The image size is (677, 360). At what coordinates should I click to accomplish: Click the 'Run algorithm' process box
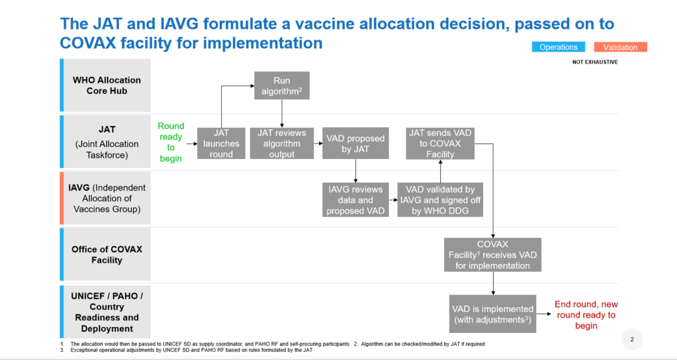281,85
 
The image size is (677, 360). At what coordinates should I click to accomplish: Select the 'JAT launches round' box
221,144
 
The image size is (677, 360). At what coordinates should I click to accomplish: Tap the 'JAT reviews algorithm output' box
281,144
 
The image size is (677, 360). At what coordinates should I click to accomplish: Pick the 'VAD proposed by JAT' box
355,144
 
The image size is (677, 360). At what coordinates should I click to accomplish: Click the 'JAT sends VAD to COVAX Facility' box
440,144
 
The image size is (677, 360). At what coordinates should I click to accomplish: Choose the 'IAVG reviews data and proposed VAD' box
355,200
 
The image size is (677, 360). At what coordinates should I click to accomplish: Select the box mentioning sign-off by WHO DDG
440,200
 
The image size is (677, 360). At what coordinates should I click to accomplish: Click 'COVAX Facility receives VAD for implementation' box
492,255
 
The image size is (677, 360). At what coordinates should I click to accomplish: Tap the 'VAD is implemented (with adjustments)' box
492,314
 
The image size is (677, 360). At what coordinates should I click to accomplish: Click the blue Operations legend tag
559,47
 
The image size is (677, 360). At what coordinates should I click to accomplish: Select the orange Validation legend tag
621,47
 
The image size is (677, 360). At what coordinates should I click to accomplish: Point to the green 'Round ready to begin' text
171,142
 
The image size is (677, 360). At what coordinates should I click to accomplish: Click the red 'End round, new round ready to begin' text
586,315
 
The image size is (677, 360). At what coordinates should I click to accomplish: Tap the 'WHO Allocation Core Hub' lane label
107,85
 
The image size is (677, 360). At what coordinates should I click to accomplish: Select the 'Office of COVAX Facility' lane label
107,255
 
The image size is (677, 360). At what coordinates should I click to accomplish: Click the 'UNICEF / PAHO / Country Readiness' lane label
107,312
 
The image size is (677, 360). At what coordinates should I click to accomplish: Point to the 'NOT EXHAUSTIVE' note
595,62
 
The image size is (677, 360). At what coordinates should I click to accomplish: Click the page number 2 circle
632,339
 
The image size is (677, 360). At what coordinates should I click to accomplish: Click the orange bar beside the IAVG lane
62,198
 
